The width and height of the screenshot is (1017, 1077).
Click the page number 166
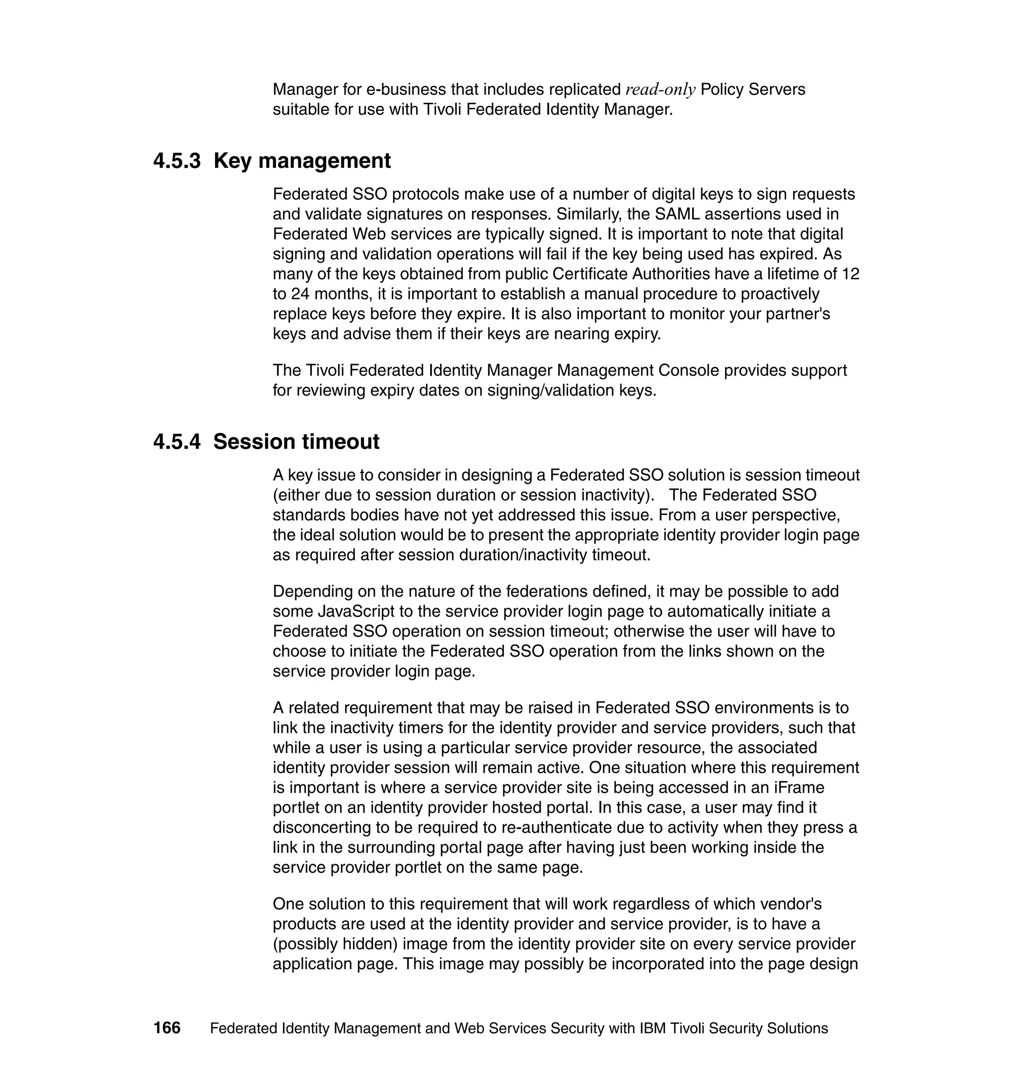pyautogui.click(x=166, y=1028)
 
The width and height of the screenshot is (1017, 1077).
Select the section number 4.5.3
pyautogui.click(x=177, y=161)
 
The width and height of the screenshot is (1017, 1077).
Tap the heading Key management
pyautogui.click(x=302, y=161)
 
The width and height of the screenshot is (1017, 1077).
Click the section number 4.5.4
pyautogui.click(x=177, y=442)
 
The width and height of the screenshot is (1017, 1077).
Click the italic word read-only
pyautogui.click(x=660, y=89)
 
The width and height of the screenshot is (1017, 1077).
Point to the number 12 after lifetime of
pyautogui.click(x=850, y=274)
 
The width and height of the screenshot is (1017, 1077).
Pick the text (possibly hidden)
pyautogui.click(x=336, y=943)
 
